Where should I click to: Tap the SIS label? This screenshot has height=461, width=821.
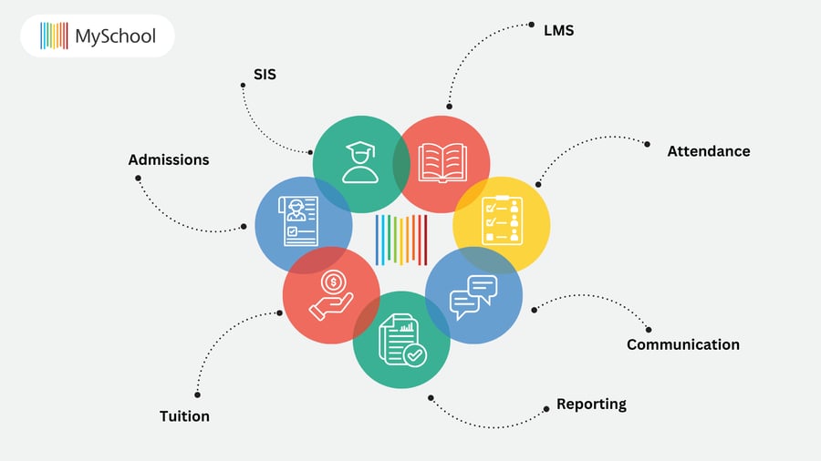coord(265,75)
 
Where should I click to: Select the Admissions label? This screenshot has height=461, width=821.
coord(168,159)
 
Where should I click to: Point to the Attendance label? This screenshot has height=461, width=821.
coord(708,150)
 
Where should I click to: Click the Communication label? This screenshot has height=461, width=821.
coord(682,344)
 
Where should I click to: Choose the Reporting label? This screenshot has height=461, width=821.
coord(591,404)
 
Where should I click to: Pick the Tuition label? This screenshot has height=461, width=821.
coord(184,416)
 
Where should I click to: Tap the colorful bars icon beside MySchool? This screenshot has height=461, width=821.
coord(54,36)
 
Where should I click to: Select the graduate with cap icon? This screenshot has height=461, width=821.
coord(359,163)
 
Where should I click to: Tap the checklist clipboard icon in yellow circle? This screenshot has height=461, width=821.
coord(502,221)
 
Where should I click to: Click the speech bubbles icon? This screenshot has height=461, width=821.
coord(473,296)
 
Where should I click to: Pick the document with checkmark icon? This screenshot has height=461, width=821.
coord(401,339)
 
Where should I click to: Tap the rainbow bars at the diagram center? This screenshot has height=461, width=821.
coord(401,240)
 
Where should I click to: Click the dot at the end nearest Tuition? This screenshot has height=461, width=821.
coord(197,394)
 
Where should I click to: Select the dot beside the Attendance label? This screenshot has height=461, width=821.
coord(648,144)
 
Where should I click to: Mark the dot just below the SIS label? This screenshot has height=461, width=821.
coord(244,86)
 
